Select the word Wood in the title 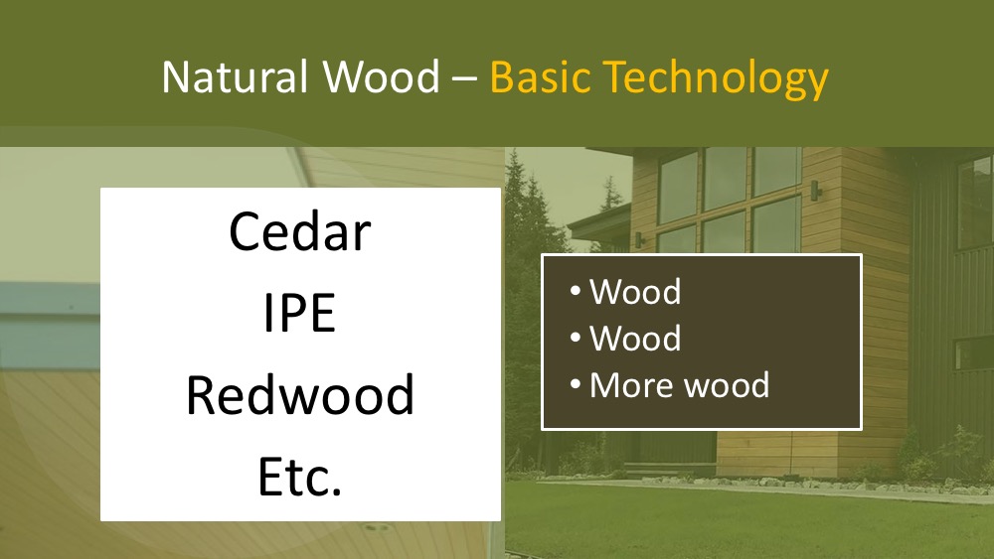pos(381,77)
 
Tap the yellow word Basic pos(540,77)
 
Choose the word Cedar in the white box pos(300,231)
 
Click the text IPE pos(299,313)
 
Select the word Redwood pos(300,394)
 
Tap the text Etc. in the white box pos(300,476)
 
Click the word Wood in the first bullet pos(634,292)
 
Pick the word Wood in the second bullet pos(634,338)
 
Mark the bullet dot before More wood pos(575,383)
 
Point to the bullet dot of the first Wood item pos(575,291)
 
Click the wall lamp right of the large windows pos(815,190)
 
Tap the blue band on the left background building pos(50,326)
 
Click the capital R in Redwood pos(201,394)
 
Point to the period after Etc pos(336,490)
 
